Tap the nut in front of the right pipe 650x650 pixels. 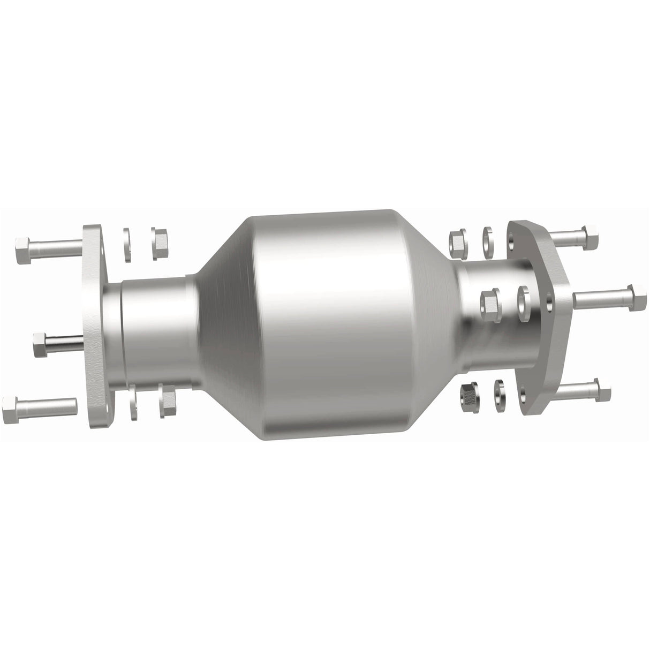click(490, 301)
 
